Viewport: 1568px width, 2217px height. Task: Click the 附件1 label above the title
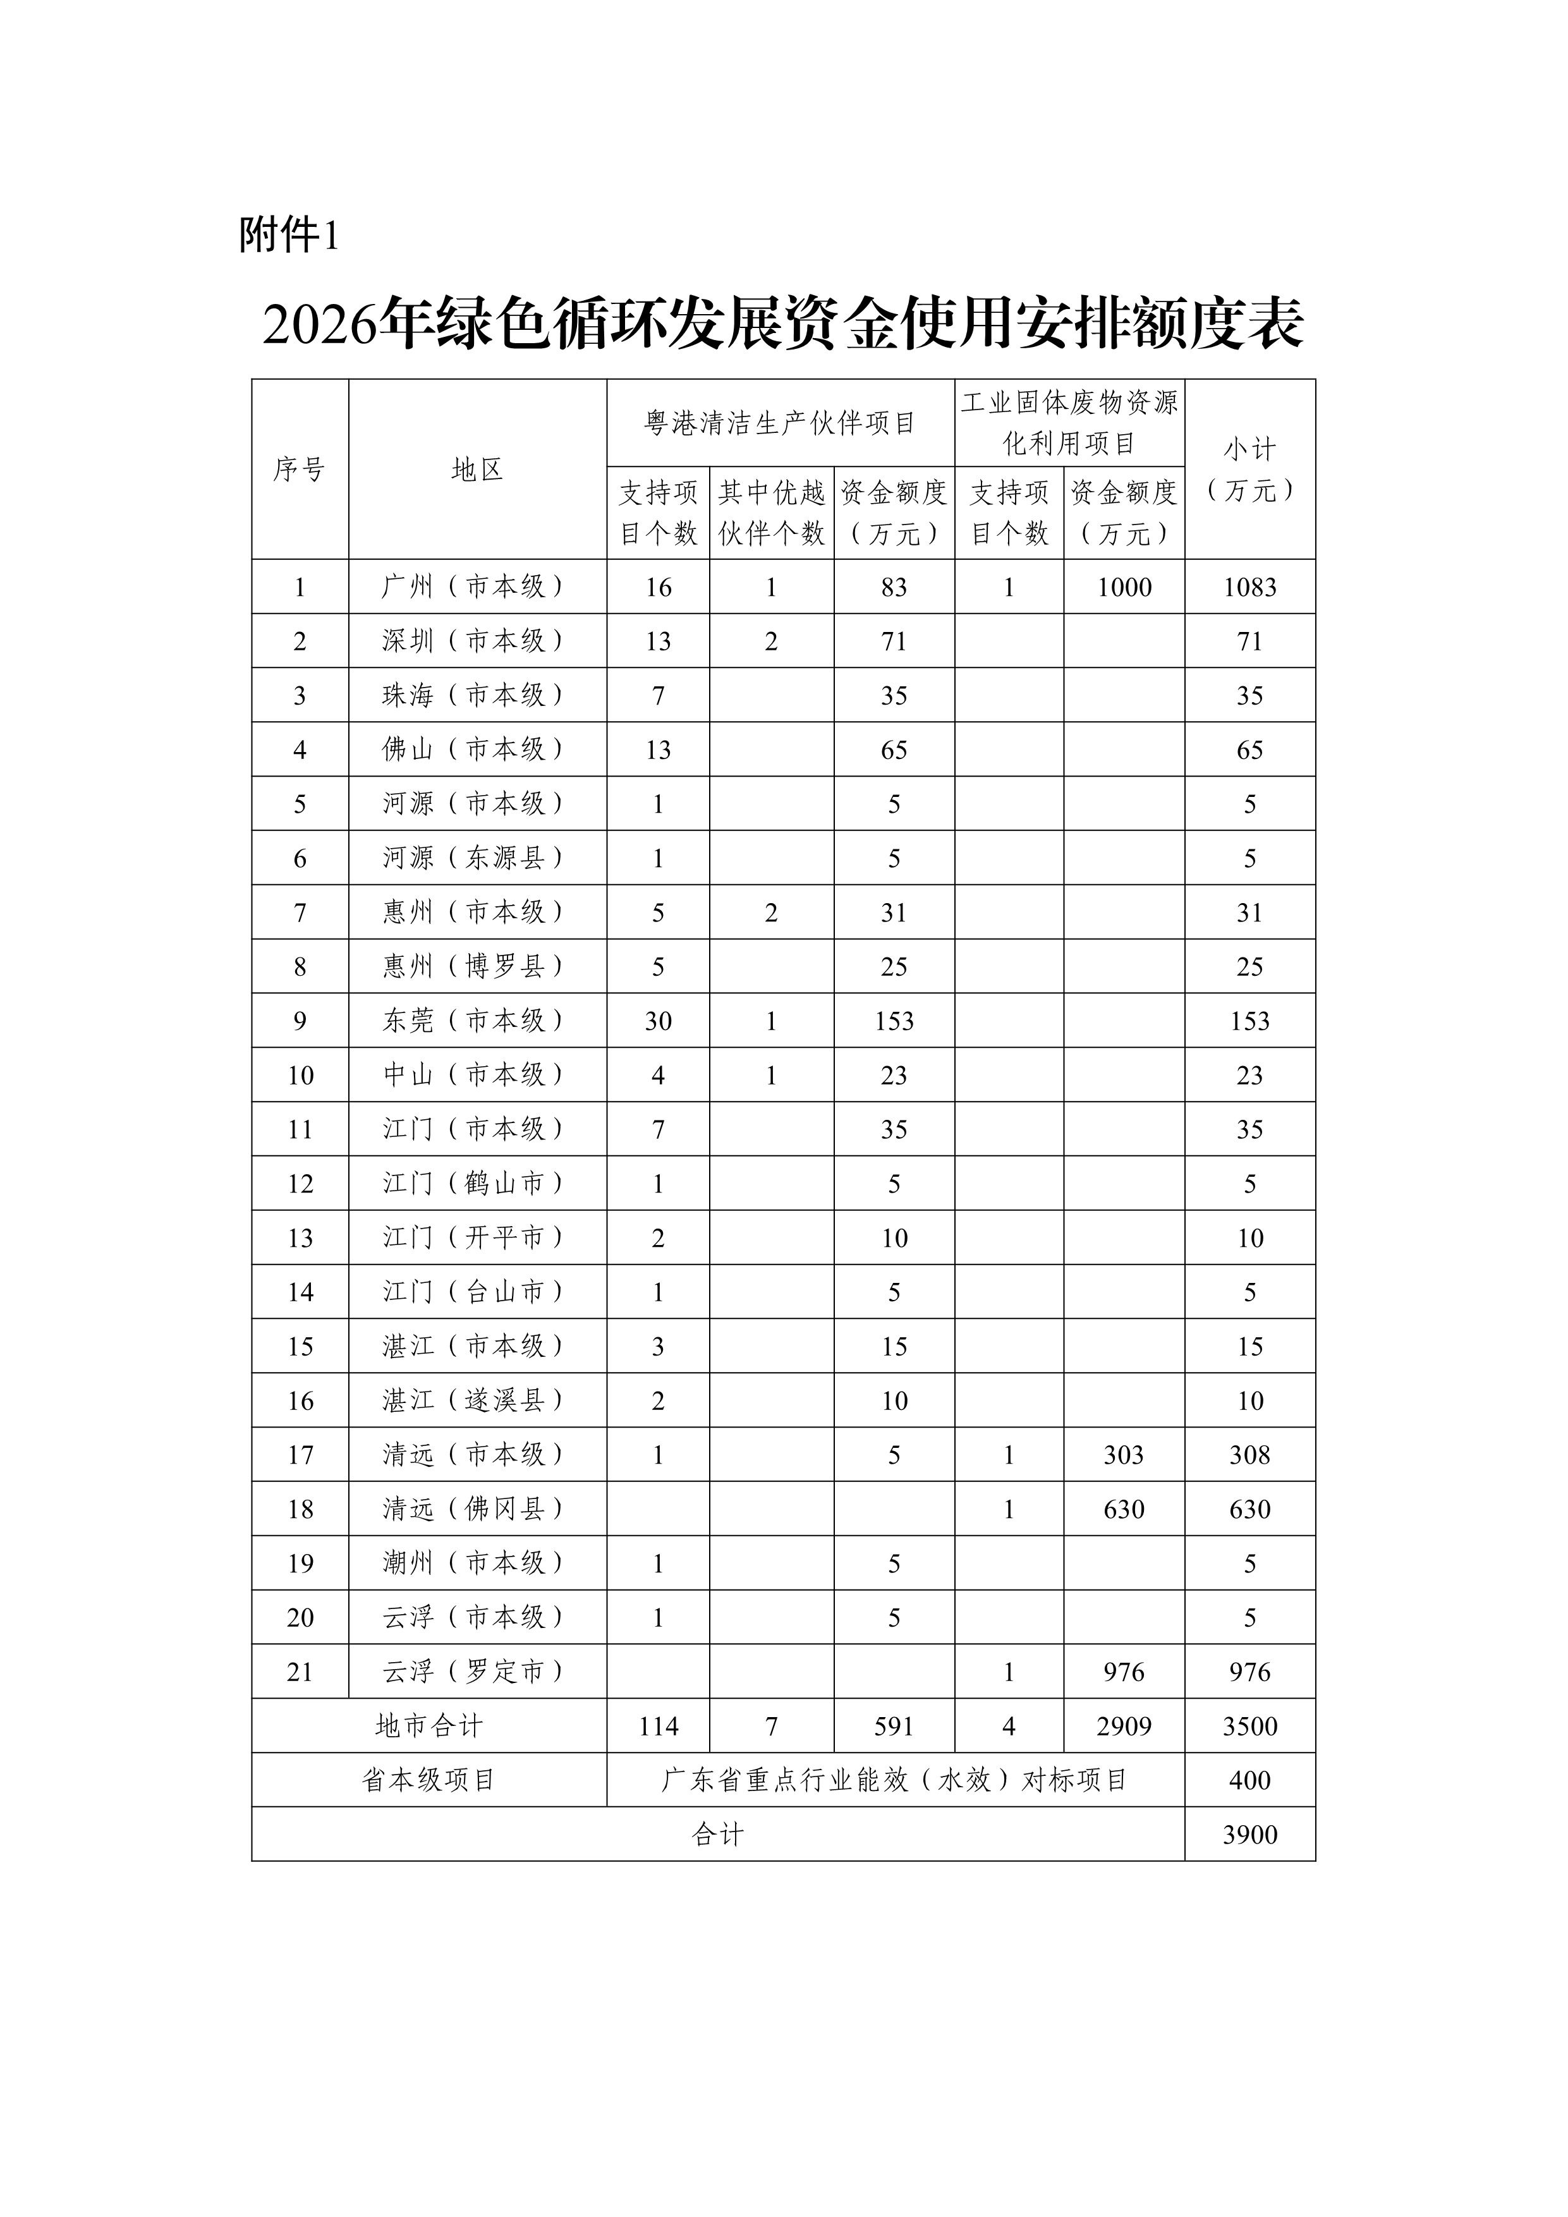point(289,234)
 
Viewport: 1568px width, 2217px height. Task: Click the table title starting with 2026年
point(783,324)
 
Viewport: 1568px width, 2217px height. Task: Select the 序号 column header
point(300,470)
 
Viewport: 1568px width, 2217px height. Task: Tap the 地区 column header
point(477,470)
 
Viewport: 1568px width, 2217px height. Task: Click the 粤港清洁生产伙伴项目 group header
point(780,423)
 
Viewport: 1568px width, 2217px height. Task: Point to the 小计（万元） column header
point(1249,470)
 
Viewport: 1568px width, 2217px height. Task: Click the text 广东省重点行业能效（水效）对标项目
point(894,1780)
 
